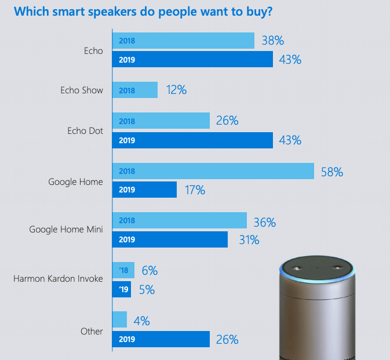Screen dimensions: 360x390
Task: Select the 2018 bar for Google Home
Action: [213, 171]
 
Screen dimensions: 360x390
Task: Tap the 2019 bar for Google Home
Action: [144, 190]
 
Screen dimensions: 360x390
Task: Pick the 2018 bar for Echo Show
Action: [134, 90]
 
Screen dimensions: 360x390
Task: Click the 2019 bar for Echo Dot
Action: [192, 140]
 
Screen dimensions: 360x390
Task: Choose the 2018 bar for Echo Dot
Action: [161, 121]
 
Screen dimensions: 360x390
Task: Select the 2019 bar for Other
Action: [161, 339]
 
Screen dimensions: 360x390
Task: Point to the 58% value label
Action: [331, 172]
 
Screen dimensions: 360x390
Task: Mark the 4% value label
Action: [143, 320]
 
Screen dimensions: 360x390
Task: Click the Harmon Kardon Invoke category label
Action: [58, 279]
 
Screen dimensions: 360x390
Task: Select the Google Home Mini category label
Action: [66, 229]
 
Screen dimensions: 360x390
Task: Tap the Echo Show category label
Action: [82, 90]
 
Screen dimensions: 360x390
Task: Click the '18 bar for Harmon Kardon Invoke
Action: [123, 270]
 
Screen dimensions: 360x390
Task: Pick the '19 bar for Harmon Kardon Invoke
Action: [122, 289]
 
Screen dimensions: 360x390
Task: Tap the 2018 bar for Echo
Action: [183, 41]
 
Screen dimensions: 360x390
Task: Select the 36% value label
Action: [264, 222]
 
